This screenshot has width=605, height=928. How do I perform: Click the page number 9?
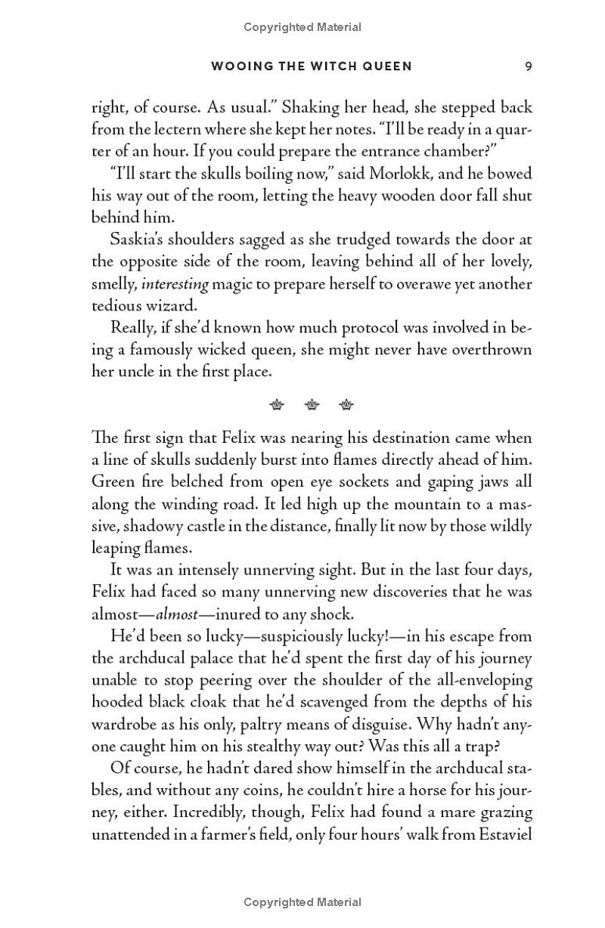(x=529, y=67)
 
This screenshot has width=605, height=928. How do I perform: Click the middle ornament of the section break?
(x=312, y=405)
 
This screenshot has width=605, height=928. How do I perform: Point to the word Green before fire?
(x=113, y=482)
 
